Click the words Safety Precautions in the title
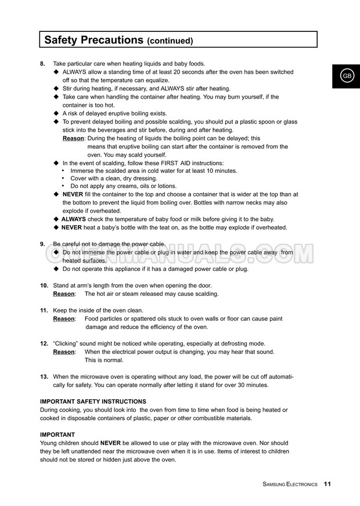pyautogui.click(x=93, y=39)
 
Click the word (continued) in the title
pyautogui.click(x=170, y=41)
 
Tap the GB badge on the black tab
pyautogui.click(x=347, y=76)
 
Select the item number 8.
pyautogui.click(x=43, y=63)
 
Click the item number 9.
pyautogui.click(x=43, y=244)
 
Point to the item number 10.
pyautogui.click(x=44, y=285)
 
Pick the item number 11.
pyautogui.click(x=44, y=310)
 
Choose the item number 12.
pyautogui.click(x=44, y=344)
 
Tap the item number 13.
pyautogui.click(x=44, y=377)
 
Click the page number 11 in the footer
pyautogui.click(x=327, y=484)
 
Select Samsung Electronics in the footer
pyautogui.click(x=290, y=484)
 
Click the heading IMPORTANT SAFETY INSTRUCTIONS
pyautogui.click(x=93, y=402)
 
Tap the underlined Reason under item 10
pyautogui.click(x=64, y=294)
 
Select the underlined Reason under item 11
pyautogui.click(x=64, y=319)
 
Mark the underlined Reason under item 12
pyautogui.click(x=64, y=352)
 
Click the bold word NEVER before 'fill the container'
pyautogui.click(x=73, y=194)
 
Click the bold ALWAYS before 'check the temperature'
pyautogui.click(x=74, y=219)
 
